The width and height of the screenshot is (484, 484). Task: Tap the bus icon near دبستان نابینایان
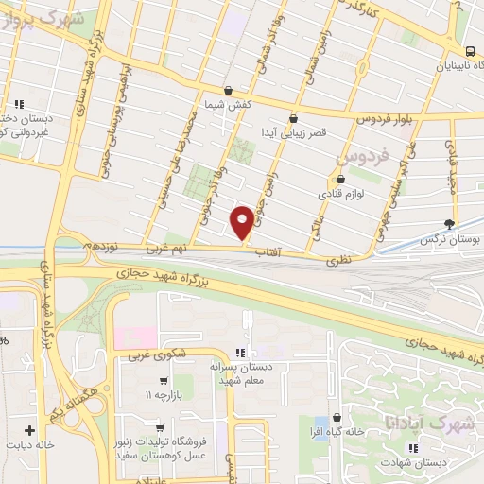[470, 52]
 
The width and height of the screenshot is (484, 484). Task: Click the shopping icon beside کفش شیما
[215, 104]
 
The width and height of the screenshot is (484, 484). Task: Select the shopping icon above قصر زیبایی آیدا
[293, 119]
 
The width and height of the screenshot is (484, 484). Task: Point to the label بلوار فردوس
[388, 120]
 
